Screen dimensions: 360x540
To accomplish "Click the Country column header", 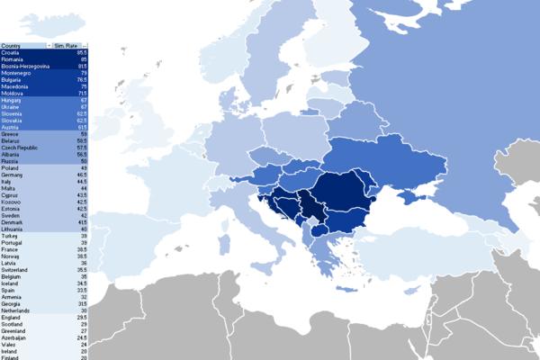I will tap(13, 44).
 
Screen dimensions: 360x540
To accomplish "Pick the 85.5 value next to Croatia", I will tap(82, 52).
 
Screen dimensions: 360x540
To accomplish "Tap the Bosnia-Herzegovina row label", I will tap(22, 66).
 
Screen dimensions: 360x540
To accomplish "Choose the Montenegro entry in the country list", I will tap(14, 72).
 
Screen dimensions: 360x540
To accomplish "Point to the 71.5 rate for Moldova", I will tap(82, 93).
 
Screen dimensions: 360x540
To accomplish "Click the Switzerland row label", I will tap(14, 268).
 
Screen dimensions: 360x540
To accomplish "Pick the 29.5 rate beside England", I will tap(82, 317).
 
